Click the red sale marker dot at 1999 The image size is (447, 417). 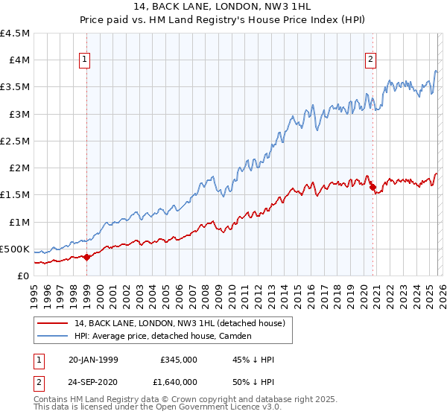(86, 257)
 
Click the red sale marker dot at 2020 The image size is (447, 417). (372, 187)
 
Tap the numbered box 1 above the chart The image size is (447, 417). (85, 60)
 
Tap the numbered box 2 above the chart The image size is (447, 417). (370, 60)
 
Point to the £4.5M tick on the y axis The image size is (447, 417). (15, 34)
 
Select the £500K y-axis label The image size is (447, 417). (15, 249)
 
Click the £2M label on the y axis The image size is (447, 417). (18, 168)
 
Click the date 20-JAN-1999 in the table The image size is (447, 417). (93, 360)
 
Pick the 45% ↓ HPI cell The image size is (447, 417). (253, 360)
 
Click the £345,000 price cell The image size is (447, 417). (179, 360)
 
